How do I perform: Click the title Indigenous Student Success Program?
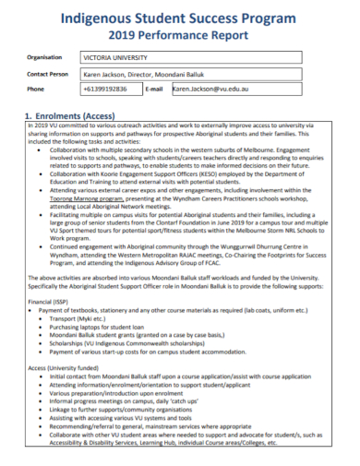180,18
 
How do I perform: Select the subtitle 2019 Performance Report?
180,37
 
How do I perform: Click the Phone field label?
36,90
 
